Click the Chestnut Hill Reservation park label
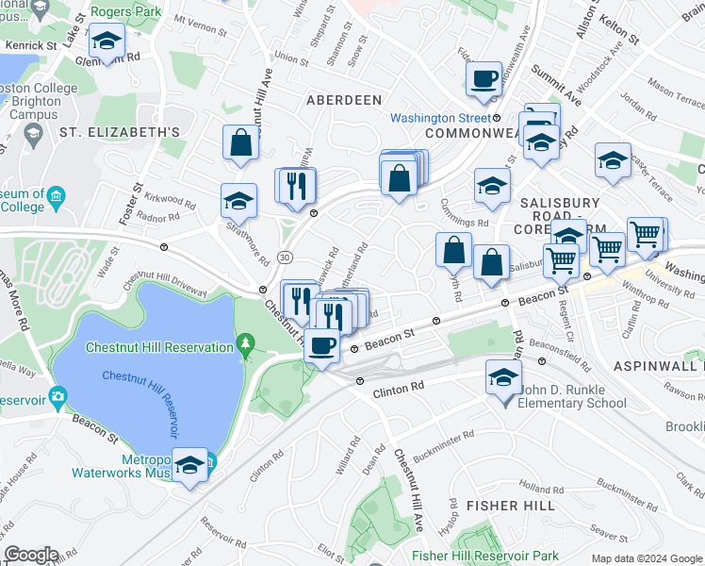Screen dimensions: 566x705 pos(159,347)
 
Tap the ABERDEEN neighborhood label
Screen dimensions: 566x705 pos(343,99)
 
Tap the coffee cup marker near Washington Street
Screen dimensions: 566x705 pos(484,78)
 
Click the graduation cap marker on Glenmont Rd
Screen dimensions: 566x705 pos(107,42)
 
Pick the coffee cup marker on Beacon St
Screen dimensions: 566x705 pos(322,345)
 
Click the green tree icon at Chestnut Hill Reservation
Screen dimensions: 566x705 pos(246,340)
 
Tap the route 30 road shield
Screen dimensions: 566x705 pos(285,257)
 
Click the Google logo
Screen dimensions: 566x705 pos(31,555)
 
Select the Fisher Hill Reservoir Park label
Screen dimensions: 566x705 pos(485,557)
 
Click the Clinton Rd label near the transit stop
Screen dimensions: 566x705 pos(398,388)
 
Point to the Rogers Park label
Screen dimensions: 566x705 pos(126,12)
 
